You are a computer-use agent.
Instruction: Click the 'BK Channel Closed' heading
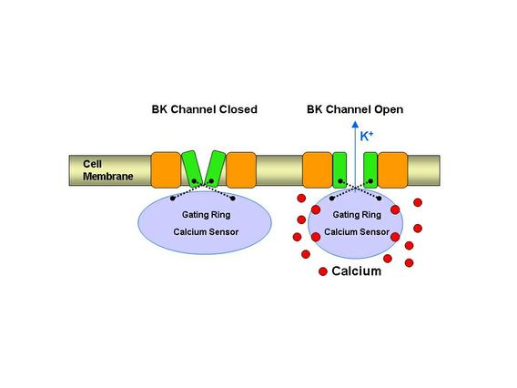pyautogui.click(x=204, y=109)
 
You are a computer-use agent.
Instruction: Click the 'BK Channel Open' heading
pyautogui.click(x=355, y=109)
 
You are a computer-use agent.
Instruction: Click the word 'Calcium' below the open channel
pyautogui.click(x=356, y=271)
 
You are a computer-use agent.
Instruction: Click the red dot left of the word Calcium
pyautogui.click(x=322, y=272)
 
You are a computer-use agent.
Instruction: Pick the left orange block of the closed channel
pyautogui.click(x=166, y=169)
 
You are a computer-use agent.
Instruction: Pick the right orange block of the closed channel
pyautogui.click(x=241, y=169)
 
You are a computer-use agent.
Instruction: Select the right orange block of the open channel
pyautogui.click(x=392, y=169)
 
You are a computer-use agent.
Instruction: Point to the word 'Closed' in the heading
pyautogui.click(x=237, y=109)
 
